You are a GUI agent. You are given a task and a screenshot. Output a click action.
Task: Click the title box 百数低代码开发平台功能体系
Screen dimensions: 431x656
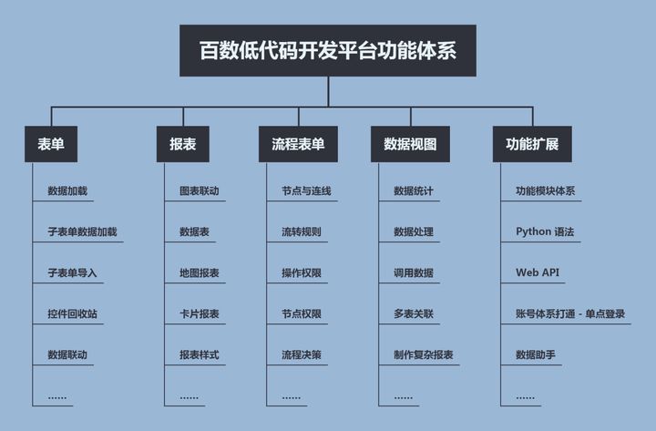tap(328, 51)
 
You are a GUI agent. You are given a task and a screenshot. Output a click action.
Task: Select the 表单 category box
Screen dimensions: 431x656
tap(51, 145)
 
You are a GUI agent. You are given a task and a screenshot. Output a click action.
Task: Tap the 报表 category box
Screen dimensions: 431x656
tap(183, 145)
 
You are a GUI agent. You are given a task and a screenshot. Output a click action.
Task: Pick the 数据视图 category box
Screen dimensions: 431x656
tap(410, 145)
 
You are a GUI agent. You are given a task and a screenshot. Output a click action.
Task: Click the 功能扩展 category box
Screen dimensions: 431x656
tap(532, 145)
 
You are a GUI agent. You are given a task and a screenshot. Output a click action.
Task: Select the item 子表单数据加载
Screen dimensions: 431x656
tap(82, 231)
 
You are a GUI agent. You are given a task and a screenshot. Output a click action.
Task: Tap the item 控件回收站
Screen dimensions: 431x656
tap(73, 314)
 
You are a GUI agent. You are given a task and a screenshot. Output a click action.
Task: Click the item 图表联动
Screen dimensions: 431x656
tap(200, 191)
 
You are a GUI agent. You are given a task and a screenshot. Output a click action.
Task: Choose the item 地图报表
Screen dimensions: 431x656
tap(200, 273)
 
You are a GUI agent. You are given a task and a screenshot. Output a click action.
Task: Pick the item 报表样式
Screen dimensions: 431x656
tap(200, 354)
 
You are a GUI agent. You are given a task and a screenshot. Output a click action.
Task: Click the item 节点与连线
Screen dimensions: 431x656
tap(306, 191)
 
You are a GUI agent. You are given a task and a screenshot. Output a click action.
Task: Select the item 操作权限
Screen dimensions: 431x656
tap(302, 273)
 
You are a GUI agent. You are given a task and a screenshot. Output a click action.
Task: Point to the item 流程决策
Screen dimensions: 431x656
tap(302, 354)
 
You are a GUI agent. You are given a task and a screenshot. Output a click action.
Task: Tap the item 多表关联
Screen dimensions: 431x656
tap(414, 314)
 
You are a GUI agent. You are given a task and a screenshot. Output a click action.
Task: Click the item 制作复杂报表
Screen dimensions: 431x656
tap(424, 354)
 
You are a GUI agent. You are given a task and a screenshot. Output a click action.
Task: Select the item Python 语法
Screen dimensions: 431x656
tap(545, 231)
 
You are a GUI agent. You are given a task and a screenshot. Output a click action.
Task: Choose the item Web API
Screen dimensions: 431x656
tap(538, 273)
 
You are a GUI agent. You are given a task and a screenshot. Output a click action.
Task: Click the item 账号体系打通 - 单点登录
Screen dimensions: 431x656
tap(570, 314)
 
